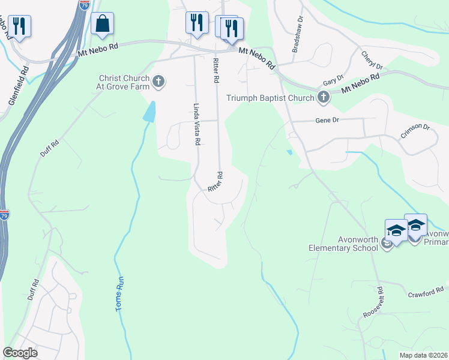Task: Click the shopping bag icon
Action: [103, 25]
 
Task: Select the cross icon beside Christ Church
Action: [158, 82]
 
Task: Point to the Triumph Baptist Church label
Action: [270, 98]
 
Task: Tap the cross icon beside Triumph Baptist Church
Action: [324, 97]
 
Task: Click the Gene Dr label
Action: [328, 121]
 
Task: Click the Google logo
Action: [20, 353]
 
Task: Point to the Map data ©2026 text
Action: [423, 355]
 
